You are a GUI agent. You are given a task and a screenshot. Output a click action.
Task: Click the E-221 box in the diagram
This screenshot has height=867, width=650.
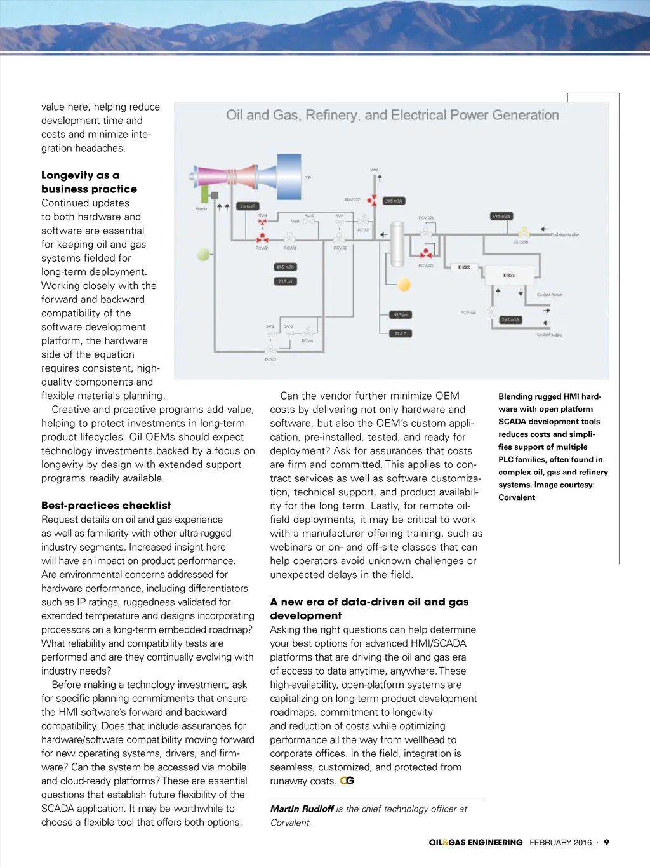509,276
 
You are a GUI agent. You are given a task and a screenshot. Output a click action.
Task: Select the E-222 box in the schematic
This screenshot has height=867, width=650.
464,267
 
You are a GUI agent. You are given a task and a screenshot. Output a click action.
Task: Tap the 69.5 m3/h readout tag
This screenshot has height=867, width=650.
501,217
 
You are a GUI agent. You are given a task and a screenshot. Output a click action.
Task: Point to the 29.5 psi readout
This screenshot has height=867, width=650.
285,281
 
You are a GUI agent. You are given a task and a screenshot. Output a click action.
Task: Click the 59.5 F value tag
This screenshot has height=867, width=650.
400,333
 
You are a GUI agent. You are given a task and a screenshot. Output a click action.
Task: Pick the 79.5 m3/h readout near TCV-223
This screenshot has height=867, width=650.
510,320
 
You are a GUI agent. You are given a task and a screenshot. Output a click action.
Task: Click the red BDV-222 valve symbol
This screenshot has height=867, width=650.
372,200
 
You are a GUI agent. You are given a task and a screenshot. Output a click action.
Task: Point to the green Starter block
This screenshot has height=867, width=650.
205,194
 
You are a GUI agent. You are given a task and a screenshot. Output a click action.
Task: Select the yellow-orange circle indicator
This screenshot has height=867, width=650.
404,285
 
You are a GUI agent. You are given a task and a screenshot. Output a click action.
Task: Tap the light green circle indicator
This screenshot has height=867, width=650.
203,255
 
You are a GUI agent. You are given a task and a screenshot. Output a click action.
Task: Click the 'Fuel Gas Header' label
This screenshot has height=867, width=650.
565,235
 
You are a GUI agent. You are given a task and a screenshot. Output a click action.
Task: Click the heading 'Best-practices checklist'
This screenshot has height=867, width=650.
106,506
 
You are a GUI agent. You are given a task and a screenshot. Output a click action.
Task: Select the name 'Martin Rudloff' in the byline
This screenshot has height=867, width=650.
302,809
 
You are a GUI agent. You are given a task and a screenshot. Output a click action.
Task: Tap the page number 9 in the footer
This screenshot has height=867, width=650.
606,843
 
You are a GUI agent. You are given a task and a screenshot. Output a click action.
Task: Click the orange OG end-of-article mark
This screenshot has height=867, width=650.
347,781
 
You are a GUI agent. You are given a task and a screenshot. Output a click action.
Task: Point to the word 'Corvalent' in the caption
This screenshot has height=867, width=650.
517,497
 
